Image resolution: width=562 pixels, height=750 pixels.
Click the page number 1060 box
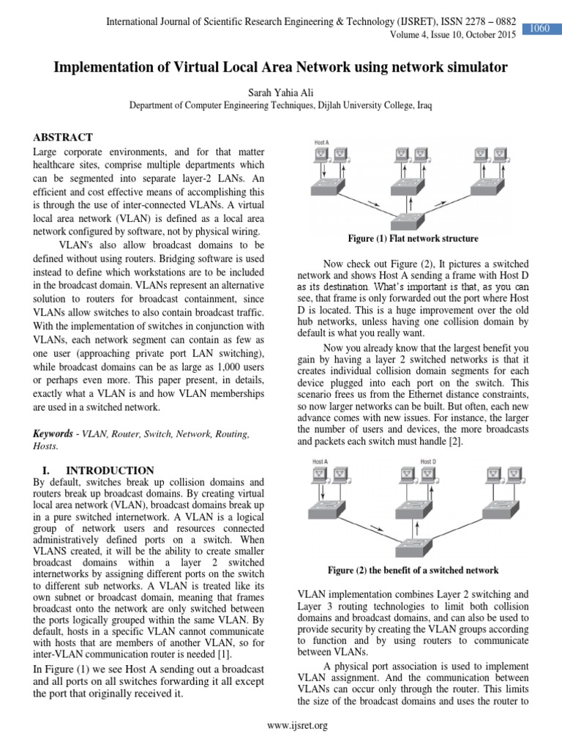[x=540, y=29]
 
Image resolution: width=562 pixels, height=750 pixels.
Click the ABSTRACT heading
[x=63, y=137]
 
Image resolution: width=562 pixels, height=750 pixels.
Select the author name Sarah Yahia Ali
[x=281, y=92]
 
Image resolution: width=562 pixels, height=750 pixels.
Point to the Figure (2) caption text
[x=413, y=570]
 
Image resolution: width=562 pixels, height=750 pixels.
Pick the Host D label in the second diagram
[x=427, y=461]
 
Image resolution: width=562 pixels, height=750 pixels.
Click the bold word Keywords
[x=53, y=434]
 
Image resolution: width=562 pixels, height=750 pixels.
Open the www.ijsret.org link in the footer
[x=297, y=726]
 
